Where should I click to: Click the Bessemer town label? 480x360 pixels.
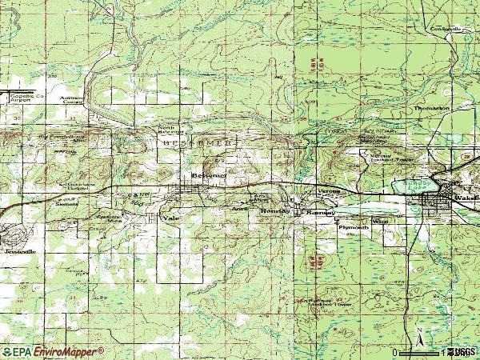pos(210,174)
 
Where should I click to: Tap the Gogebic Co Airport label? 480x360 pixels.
pos(24,96)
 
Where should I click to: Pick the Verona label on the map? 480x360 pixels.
pos(330,192)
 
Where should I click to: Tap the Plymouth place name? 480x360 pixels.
pos(353,227)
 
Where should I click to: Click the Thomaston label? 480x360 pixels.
pos(431,107)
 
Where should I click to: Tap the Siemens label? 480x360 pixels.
pos(66,204)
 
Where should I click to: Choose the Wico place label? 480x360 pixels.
pos(379,220)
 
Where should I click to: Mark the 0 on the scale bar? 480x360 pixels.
pos(394,352)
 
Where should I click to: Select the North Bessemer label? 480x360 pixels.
pos(166,130)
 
